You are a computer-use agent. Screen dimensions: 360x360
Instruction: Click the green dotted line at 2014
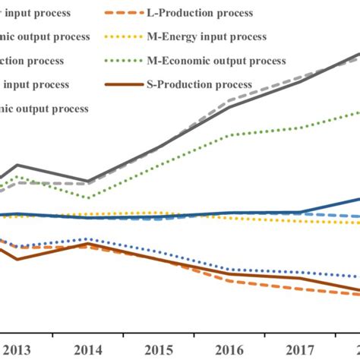[x=88, y=198]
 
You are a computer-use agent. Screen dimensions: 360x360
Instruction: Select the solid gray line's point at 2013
[x=17, y=165]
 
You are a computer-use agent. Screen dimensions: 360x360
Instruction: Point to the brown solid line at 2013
[x=17, y=259]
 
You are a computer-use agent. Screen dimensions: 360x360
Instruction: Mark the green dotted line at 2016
[x=229, y=135]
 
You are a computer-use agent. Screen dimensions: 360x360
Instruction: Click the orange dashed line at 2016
[x=229, y=281]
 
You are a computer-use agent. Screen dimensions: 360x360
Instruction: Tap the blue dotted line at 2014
[x=88, y=239]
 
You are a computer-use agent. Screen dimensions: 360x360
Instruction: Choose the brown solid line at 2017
[x=301, y=279]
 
